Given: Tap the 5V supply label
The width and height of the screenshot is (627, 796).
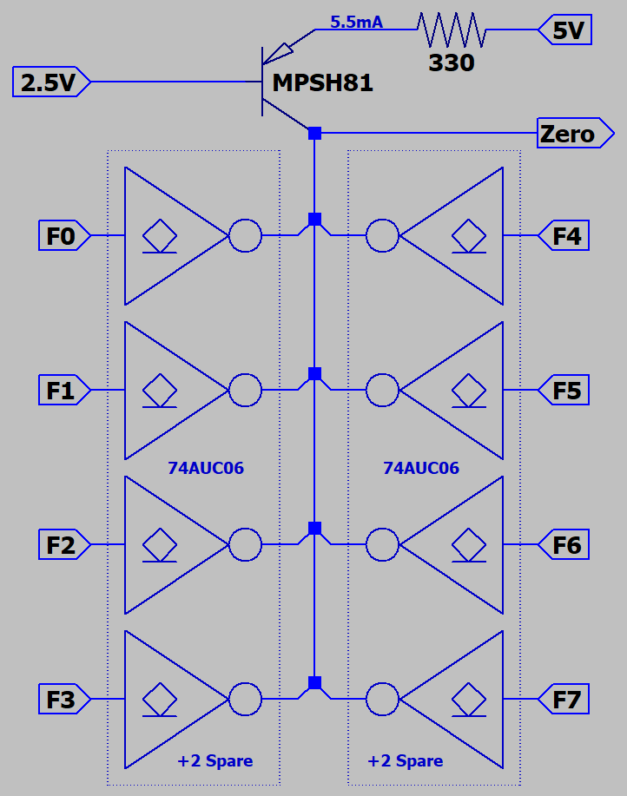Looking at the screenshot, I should coord(567,31).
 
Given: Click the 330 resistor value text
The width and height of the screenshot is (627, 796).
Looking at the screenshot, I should coord(452,62).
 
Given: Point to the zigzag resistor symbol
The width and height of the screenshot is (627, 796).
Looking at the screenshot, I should coord(452,30).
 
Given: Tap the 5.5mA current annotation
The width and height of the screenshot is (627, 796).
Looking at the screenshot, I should coord(356,23).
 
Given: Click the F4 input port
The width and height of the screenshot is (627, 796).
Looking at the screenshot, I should coord(565,236).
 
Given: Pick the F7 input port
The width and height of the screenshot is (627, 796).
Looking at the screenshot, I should coord(565,699).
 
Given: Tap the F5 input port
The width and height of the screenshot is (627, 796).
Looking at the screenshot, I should coord(565,391).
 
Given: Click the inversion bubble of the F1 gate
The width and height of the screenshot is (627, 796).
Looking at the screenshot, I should coord(245,391).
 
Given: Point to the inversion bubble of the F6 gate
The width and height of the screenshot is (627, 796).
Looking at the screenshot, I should coord(382,545).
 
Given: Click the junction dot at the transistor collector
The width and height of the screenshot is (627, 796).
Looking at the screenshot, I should coord(314,133).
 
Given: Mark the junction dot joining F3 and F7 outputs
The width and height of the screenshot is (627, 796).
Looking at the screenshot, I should coord(314,682).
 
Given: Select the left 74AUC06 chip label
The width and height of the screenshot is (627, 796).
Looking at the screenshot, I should coord(206,469).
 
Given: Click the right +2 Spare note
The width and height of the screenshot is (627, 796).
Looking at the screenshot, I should coord(405,761).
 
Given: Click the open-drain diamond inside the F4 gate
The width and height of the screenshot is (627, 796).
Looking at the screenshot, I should coord(469,234).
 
